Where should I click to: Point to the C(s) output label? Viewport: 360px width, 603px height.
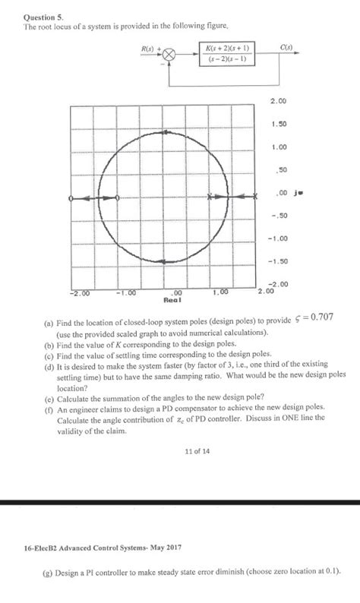pos(286,46)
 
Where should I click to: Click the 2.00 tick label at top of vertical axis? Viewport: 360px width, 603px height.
pos(277,100)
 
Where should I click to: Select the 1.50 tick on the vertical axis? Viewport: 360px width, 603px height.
pos(277,124)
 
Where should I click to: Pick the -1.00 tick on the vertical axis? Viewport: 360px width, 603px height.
pos(277,238)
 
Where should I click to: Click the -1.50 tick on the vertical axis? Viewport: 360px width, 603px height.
pos(277,262)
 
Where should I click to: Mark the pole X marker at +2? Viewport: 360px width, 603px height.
pos(256,197)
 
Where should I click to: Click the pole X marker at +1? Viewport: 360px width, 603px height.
pos(210,197)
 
